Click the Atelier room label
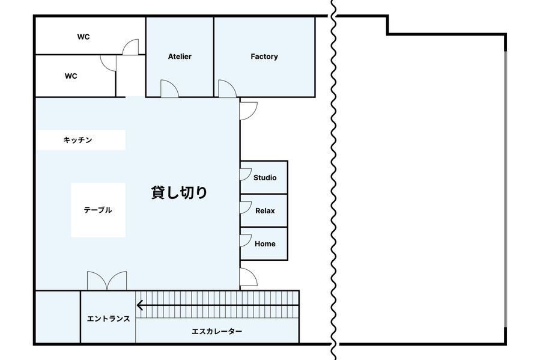click(180, 56)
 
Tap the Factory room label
click(264, 56)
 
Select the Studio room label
click(265, 178)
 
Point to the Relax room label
click(265, 211)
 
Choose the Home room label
click(265, 244)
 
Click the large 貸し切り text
click(179, 192)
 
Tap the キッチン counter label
click(78, 140)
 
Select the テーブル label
click(98, 210)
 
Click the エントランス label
click(109, 319)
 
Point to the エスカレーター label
click(217, 331)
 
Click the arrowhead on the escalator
click(139, 305)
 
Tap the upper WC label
click(83, 37)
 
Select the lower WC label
click(71, 76)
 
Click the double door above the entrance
click(107, 281)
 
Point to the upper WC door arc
click(128, 43)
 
